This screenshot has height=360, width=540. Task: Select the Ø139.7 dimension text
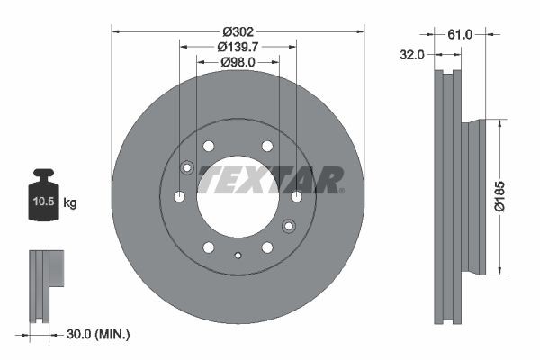pos(238,46)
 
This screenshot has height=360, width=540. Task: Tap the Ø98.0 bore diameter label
pos(238,62)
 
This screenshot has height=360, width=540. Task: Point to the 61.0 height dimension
pos(460,33)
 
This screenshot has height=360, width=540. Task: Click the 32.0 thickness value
pos(412,54)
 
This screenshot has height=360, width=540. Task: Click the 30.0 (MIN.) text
pos(99,335)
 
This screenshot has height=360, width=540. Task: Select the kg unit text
pos(70,203)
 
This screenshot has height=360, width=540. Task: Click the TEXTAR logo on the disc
pos(271,179)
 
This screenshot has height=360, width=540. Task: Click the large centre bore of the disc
pos(238,198)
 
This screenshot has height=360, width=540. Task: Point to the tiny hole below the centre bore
pos(238,256)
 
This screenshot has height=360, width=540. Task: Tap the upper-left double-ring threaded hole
pos(187,167)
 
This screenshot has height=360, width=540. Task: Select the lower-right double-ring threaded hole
pos(289,226)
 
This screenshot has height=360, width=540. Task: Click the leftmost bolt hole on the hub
pos(179,197)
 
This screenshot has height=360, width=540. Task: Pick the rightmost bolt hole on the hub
pos(297,197)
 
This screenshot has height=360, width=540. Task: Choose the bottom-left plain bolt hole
pos(208,247)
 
